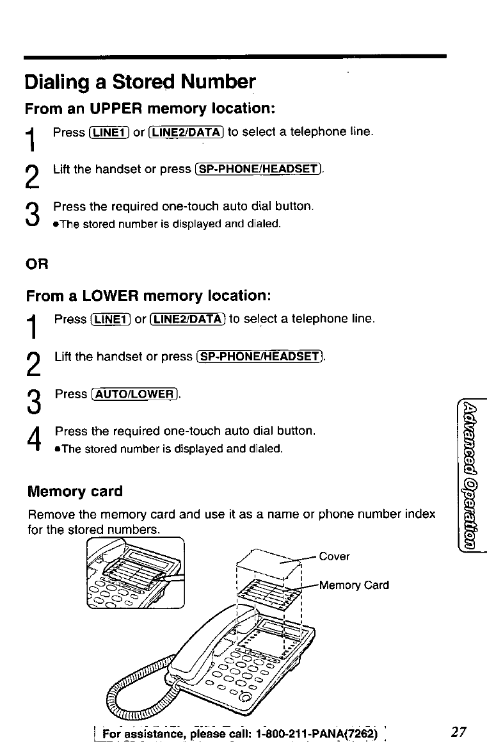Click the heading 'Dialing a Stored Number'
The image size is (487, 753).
[140, 83]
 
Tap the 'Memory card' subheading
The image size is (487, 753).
[74, 492]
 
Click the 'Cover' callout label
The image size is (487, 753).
[334, 556]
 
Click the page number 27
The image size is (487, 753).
[458, 732]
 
